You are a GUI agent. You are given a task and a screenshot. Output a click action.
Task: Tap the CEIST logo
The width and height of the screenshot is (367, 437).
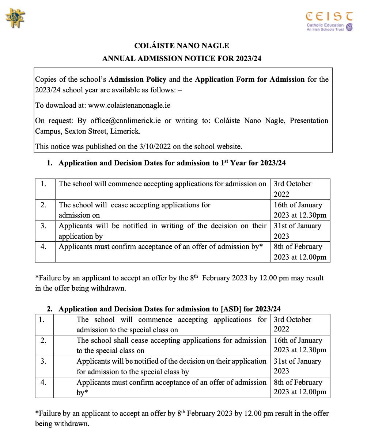(x=329, y=21)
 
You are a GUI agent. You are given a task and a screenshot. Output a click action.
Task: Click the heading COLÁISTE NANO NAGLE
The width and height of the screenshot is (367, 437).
(x=182, y=46)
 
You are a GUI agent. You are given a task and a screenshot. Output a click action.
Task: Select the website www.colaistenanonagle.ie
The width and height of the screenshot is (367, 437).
(x=129, y=105)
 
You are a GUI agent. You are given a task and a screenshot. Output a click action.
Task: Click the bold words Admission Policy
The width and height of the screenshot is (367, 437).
(x=137, y=79)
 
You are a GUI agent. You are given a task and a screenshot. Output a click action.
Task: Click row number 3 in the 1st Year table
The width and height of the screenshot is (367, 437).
(x=43, y=226)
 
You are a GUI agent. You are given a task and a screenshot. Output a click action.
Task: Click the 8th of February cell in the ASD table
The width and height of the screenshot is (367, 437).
(x=300, y=387)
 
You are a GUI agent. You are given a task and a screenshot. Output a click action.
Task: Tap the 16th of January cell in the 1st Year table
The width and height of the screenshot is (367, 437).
(x=300, y=210)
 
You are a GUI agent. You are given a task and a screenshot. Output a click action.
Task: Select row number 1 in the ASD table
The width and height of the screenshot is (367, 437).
(x=42, y=319)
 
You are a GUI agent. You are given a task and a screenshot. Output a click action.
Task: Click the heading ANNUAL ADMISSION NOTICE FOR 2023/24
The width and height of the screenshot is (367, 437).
(x=182, y=58)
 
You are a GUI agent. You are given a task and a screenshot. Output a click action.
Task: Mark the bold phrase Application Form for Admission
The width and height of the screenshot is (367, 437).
(x=250, y=79)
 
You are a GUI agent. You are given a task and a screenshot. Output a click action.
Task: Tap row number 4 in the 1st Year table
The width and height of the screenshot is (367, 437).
(x=43, y=246)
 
